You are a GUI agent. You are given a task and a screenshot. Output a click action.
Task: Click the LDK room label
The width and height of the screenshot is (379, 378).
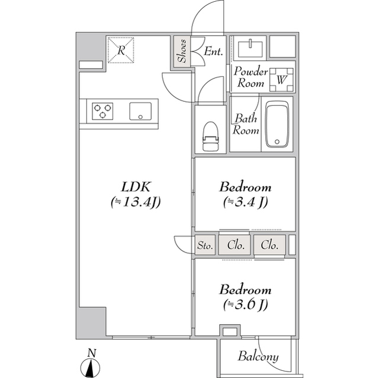(136, 187)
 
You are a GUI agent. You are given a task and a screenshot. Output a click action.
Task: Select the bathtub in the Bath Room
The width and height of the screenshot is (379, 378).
(277, 124)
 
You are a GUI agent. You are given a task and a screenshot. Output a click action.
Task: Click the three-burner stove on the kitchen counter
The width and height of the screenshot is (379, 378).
(102, 111)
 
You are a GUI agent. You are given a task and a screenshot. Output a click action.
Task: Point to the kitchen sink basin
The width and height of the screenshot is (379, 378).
(140, 111)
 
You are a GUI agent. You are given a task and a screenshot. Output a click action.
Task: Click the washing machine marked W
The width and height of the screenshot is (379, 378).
(281, 80)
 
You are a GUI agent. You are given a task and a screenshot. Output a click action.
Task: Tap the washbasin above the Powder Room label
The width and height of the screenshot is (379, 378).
(250, 49)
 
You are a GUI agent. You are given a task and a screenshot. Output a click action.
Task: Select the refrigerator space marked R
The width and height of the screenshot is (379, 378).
(121, 50)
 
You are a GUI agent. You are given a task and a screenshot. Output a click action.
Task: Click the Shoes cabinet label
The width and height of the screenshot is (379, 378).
(182, 51)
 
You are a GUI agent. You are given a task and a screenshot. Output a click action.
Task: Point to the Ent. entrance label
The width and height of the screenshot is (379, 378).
(213, 51)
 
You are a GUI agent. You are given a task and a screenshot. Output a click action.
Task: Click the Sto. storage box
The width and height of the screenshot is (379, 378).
(205, 245)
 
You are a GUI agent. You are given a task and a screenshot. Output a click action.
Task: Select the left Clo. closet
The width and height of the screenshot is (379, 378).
(235, 245)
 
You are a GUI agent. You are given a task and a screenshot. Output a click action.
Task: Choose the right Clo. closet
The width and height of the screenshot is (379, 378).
(269, 245)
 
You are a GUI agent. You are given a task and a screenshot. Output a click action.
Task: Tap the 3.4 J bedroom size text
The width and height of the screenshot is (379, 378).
(245, 202)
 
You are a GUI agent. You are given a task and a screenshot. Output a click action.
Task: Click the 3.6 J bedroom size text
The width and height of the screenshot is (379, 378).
(245, 305)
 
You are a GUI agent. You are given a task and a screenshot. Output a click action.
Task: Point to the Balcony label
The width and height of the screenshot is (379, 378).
(258, 357)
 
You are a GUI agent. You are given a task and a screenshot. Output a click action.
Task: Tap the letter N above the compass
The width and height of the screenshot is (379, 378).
(92, 353)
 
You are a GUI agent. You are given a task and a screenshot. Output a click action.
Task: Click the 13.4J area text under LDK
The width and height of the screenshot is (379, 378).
(136, 202)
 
